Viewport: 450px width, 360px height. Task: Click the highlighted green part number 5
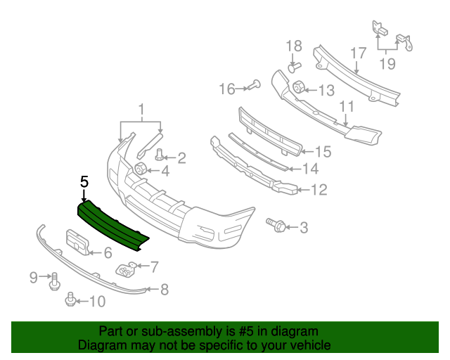coord(112,222)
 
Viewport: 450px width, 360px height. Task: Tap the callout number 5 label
coord(84,182)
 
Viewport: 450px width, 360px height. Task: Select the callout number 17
coord(358,53)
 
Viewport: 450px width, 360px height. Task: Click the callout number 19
coord(387,65)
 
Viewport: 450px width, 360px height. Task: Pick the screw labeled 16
coord(252,87)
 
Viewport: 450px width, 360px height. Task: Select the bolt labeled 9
coord(53,281)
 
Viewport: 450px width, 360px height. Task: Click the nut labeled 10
coord(70,301)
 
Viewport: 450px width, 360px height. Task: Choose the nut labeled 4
coord(139,168)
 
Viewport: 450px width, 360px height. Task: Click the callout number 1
coord(141,109)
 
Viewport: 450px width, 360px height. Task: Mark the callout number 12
coord(319,189)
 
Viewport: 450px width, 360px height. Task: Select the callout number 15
coord(323,151)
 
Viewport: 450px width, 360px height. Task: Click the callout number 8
coord(164,288)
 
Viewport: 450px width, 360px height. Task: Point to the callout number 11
coord(347,106)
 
